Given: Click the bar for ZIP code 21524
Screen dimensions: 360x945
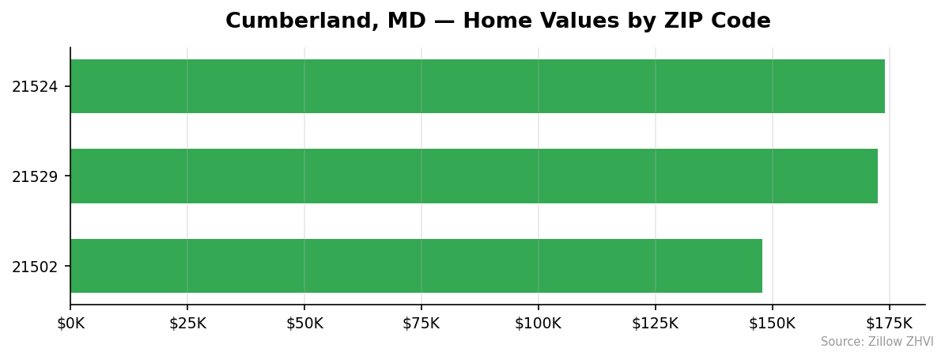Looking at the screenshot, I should click(x=477, y=86).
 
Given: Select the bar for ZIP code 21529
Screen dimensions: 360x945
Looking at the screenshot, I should click(x=474, y=176).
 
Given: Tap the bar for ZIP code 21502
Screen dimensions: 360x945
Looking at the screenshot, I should click(x=416, y=266).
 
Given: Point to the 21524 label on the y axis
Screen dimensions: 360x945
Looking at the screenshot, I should click(x=35, y=87).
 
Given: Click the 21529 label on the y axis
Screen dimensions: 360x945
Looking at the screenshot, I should click(x=35, y=176).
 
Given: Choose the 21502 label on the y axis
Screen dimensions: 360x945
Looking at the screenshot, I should click(x=35, y=267).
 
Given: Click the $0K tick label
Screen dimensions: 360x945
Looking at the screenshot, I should click(x=70, y=324).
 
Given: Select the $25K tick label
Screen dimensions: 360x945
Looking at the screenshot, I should click(x=187, y=324).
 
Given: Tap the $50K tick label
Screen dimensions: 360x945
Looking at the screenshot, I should click(x=304, y=324).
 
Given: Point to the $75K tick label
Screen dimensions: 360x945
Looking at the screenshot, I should click(x=421, y=324).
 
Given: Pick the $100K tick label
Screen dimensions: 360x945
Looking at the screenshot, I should click(x=538, y=324).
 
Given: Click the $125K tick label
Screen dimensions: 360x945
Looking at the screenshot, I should click(x=655, y=324).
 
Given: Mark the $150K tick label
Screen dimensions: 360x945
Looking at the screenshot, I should click(x=772, y=324).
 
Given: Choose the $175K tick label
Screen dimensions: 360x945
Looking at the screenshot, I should click(x=889, y=324).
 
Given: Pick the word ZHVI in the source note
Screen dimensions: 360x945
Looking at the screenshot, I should click(x=920, y=342).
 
